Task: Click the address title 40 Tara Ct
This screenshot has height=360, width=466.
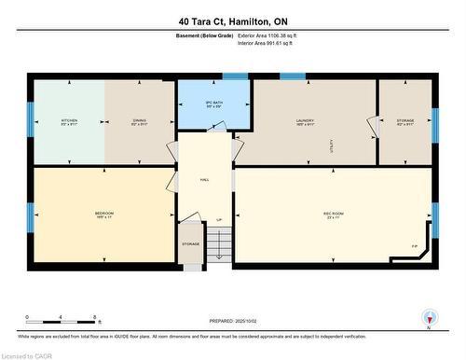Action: click(233, 20)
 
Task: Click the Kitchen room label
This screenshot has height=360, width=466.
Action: click(69, 121)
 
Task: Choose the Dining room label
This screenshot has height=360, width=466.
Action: click(139, 121)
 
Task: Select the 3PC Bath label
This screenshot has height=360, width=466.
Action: click(213, 104)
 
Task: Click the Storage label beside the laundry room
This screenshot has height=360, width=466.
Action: click(404, 121)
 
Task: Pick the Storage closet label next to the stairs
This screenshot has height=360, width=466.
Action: click(190, 244)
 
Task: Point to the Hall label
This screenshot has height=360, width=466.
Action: click(203, 180)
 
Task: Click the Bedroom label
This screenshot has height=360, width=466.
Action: click(103, 215)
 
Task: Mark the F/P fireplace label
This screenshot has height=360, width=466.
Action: click(414, 246)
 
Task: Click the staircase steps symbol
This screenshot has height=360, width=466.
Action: click(216, 245)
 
